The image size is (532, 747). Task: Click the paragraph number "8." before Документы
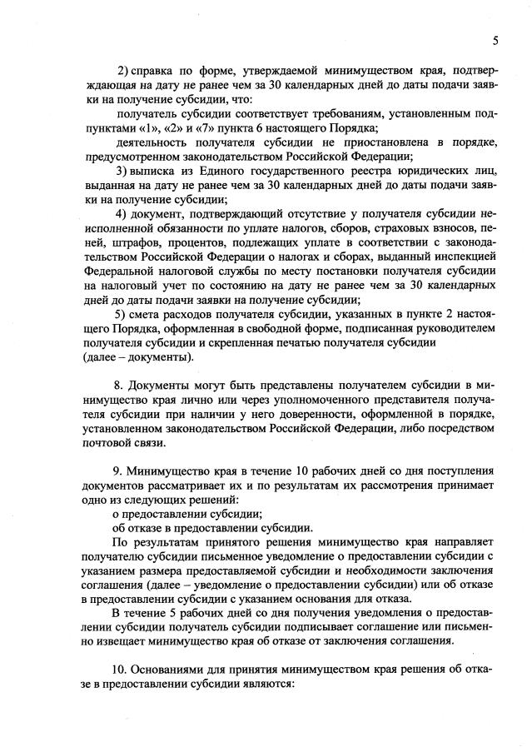pyautogui.click(x=118, y=385)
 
